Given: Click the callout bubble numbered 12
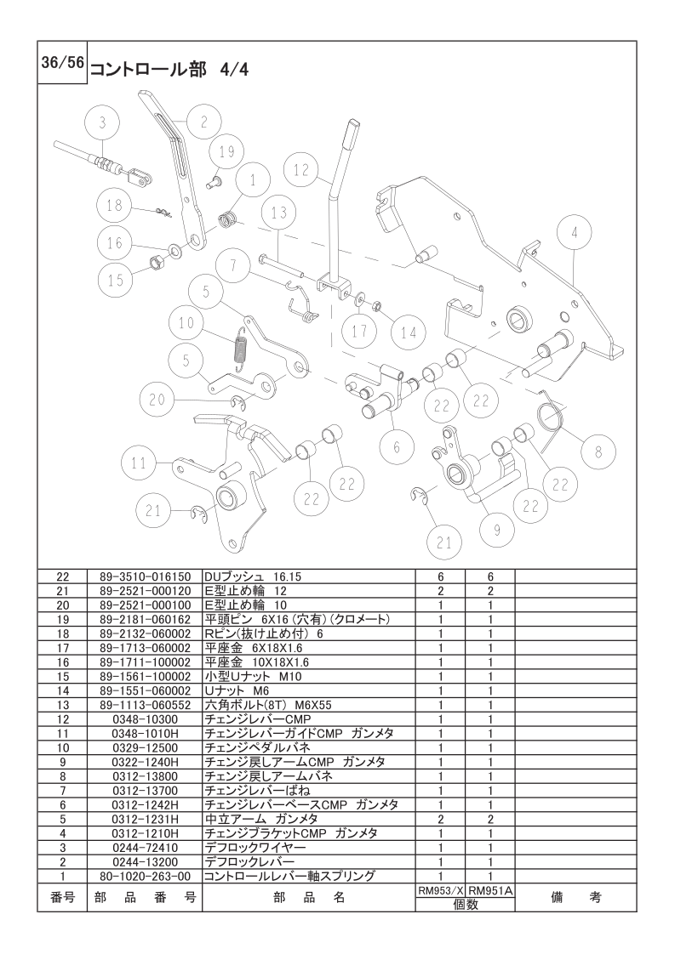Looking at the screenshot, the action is pyautogui.click(x=301, y=170).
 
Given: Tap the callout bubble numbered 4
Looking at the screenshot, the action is pyautogui.click(x=574, y=232).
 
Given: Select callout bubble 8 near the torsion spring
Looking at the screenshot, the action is pyautogui.click(x=598, y=451).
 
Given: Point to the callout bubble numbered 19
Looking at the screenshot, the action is pyautogui.click(x=226, y=151).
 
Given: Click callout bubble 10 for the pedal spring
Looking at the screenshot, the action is pyautogui.click(x=186, y=322).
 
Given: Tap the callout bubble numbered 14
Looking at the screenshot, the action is pyautogui.click(x=409, y=332).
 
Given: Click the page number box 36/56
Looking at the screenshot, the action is pyautogui.click(x=62, y=63).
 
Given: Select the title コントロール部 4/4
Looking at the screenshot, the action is pyautogui.click(x=169, y=70).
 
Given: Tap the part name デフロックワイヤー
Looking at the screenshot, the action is pyautogui.click(x=255, y=847).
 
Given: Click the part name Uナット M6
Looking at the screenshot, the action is pyautogui.click(x=237, y=690).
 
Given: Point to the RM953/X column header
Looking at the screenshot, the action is pyautogui.click(x=440, y=890).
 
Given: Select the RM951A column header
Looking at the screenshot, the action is pyautogui.click(x=490, y=890).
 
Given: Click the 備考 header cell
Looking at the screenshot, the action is pyautogui.click(x=575, y=897).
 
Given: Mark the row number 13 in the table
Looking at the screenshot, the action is pyautogui.click(x=63, y=705).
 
